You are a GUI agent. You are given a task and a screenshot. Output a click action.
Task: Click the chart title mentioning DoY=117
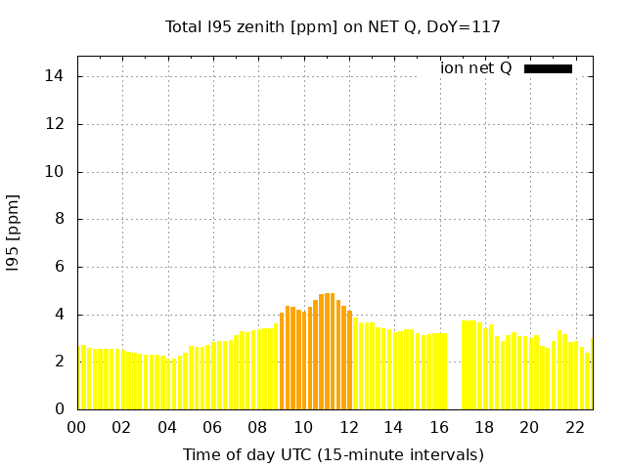pos(333,26)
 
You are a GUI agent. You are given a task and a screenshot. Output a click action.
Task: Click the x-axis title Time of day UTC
pos(333,454)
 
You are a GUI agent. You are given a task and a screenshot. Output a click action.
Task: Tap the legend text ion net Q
pos(476,68)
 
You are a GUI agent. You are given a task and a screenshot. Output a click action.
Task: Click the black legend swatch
pos(548,68)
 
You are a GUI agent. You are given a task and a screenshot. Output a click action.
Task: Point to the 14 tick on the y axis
pos(57,76)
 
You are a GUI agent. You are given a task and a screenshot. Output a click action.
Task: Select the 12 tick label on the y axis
pos(57,124)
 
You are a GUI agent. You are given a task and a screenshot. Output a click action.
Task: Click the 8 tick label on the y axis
pos(61,219)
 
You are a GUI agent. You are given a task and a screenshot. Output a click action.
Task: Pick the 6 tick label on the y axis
pos(61,267)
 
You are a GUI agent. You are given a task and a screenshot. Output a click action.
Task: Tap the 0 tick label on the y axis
pos(61,409)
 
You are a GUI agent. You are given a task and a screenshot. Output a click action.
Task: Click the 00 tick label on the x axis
pos(76,427)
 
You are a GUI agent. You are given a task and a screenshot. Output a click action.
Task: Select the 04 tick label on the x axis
pos(167,427)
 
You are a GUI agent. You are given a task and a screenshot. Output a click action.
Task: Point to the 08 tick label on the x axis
pos(257,427)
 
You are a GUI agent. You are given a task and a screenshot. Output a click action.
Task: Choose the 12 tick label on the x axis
pos(348,427)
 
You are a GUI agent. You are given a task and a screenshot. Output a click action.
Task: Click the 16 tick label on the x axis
pos(439,427)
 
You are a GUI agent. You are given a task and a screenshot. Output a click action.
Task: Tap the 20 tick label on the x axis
pos(529,427)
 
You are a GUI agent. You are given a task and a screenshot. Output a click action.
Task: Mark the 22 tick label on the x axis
pos(574,427)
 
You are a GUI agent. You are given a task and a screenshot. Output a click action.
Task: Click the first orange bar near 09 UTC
pos(282,362)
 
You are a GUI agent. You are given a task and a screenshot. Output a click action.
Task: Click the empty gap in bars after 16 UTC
pos(455,381)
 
